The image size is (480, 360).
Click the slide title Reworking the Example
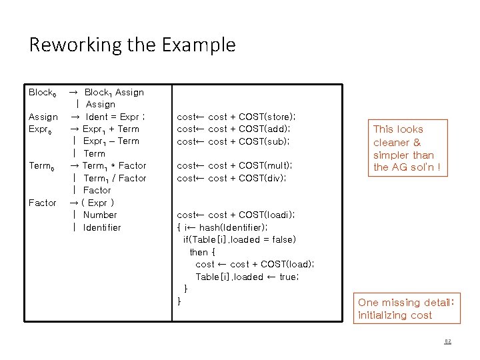coord(132,45)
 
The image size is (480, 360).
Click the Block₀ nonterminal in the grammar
coord(43,93)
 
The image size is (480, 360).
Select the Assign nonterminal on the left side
coord(43,117)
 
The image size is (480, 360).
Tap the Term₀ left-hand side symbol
coord(42,166)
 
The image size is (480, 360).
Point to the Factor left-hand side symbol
coord(43,203)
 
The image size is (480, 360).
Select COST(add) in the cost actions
coord(263,129)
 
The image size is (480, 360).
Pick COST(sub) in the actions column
coord(263,141)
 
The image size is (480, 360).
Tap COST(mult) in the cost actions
coord(265,165)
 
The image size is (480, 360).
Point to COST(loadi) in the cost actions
coord(266,215)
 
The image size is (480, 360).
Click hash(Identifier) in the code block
coord(231,227)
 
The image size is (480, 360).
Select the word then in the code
coord(199,252)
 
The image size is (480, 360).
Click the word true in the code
coord(287,277)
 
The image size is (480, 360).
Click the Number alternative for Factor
coord(100,215)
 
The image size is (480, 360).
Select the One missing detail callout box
coord(405,309)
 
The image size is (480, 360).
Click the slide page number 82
coord(448,341)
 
